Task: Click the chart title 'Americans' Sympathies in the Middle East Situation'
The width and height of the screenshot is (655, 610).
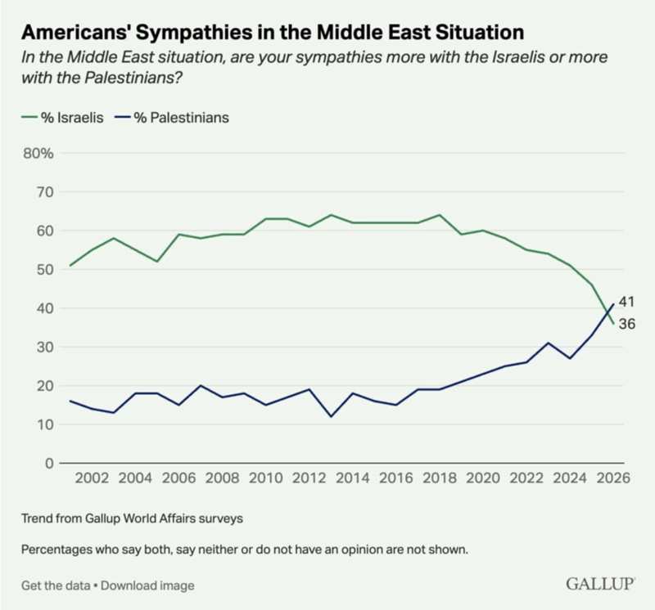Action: point(271,33)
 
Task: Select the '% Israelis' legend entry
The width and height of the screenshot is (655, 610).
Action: point(61,117)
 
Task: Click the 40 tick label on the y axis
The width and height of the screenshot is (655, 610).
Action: point(45,308)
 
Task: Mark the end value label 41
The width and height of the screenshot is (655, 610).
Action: point(626,301)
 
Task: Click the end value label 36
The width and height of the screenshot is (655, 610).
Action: point(626,324)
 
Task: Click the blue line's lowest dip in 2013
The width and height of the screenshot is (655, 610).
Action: point(331,416)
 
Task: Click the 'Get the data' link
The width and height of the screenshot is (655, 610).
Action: point(54,585)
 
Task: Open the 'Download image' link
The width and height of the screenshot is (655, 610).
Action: point(148,585)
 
